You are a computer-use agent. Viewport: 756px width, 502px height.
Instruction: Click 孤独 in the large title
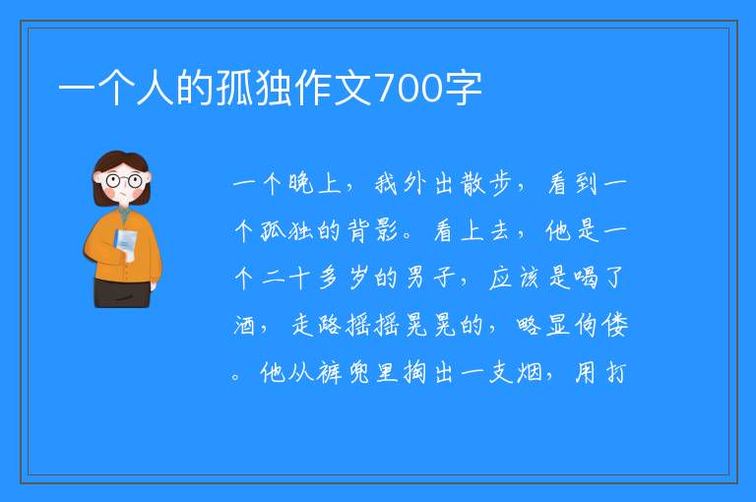[x=254, y=89]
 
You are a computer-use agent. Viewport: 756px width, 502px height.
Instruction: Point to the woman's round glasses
[x=123, y=181]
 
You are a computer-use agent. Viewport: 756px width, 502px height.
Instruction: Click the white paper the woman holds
[x=126, y=244]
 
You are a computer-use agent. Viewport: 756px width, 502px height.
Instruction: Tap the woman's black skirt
[x=122, y=292]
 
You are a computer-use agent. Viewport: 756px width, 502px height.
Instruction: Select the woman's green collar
[x=124, y=214]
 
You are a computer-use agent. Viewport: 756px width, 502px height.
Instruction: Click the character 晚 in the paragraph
[x=301, y=184]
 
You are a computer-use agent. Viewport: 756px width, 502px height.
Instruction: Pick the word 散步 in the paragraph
[x=486, y=184]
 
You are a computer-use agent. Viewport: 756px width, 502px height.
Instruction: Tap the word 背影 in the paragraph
[x=372, y=230]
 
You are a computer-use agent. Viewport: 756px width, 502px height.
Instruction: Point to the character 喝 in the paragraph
[x=586, y=278]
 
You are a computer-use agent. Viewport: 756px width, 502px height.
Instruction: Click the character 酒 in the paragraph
[x=244, y=325]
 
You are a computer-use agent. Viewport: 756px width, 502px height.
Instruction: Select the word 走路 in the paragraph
[x=316, y=325]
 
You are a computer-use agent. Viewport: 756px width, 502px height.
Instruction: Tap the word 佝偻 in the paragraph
[x=600, y=325]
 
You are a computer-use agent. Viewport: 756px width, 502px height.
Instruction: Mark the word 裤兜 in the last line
[x=343, y=373]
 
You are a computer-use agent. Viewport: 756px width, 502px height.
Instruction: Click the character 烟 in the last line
[x=530, y=373]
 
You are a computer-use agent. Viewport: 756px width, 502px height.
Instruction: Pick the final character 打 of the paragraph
[x=616, y=373]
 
